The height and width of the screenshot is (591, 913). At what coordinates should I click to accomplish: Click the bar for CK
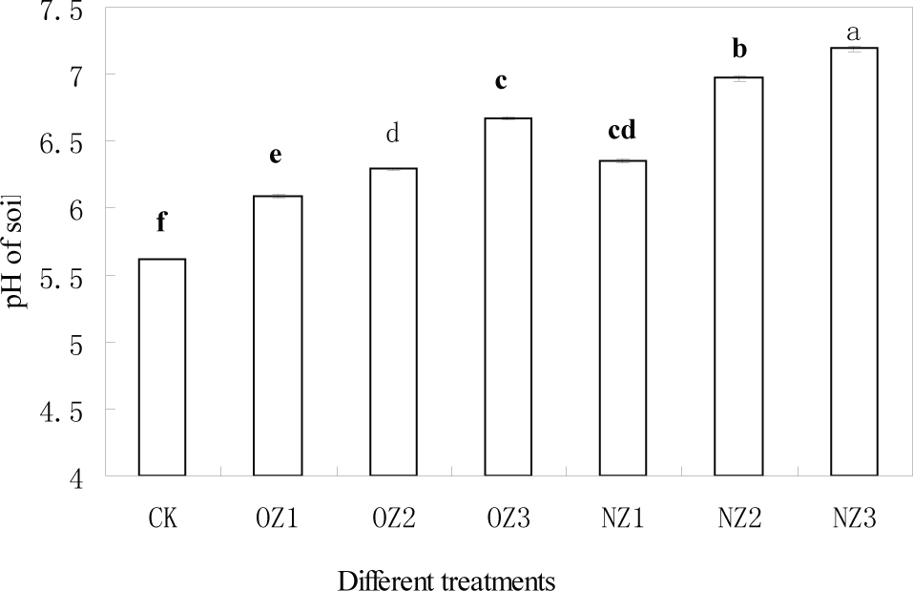(x=162, y=368)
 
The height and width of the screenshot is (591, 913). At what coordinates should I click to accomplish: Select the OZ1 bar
(x=278, y=336)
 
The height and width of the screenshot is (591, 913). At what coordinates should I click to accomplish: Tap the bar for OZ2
(x=393, y=323)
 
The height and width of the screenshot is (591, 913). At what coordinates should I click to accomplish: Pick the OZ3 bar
(x=508, y=297)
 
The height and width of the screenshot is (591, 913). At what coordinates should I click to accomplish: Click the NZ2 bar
(x=738, y=277)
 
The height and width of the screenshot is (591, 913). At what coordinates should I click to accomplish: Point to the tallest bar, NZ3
(x=854, y=262)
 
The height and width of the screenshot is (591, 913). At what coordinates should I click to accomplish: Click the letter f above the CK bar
(x=162, y=223)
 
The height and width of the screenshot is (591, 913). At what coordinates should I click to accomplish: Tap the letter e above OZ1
(x=278, y=157)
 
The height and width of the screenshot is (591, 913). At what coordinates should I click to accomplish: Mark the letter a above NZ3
(x=854, y=34)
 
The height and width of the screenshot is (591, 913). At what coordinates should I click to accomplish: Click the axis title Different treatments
(x=446, y=580)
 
